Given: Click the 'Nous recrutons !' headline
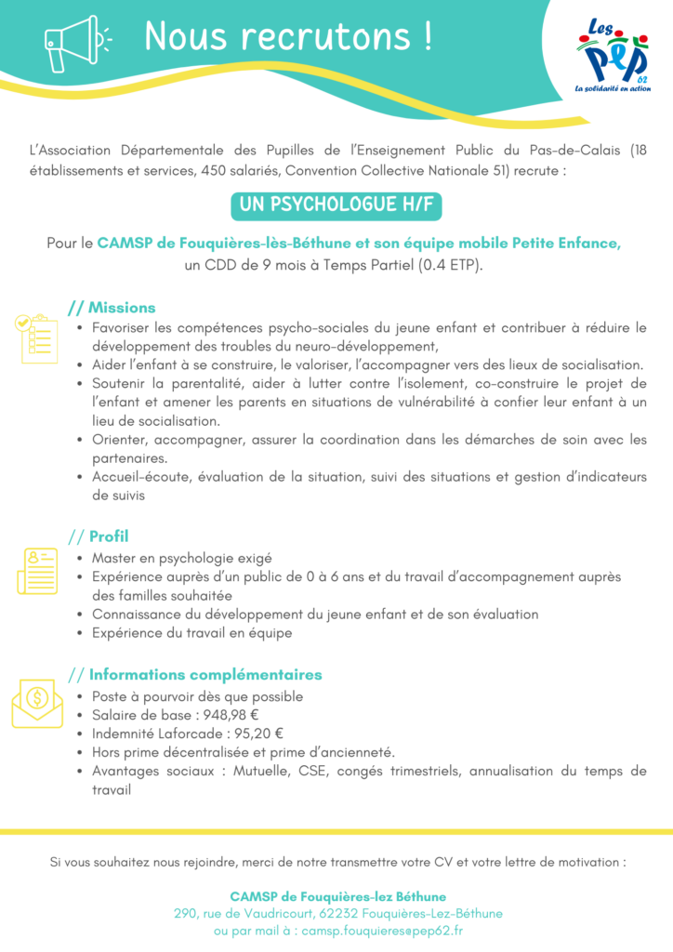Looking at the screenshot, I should click(x=288, y=37).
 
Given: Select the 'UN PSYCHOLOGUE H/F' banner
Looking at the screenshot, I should click(x=336, y=205).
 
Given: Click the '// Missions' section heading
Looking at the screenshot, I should click(x=112, y=308).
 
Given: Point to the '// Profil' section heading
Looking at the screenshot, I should click(x=99, y=536).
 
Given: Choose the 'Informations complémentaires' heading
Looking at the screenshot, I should click(x=205, y=675).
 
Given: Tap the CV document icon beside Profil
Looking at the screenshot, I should click(x=37, y=569).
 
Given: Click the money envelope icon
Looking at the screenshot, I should click(x=37, y=703).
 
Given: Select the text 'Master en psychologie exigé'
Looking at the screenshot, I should click(x=181, y=559).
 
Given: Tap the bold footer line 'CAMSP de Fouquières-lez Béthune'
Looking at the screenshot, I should click(x=337, y=896).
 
